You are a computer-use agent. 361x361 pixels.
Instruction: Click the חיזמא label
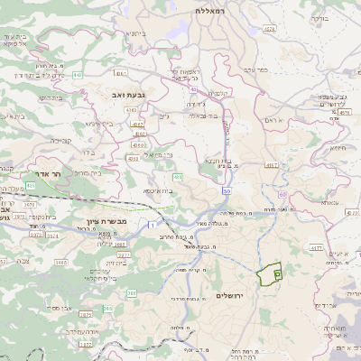(x=338, y=147)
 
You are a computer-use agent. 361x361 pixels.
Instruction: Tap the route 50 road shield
(x=227, y=191)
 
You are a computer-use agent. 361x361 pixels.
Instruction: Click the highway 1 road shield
(x=153, y=222)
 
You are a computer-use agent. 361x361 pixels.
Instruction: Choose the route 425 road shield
(x=30, y=185)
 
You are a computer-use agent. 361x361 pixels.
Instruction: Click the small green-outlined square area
(x=277, y=272)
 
